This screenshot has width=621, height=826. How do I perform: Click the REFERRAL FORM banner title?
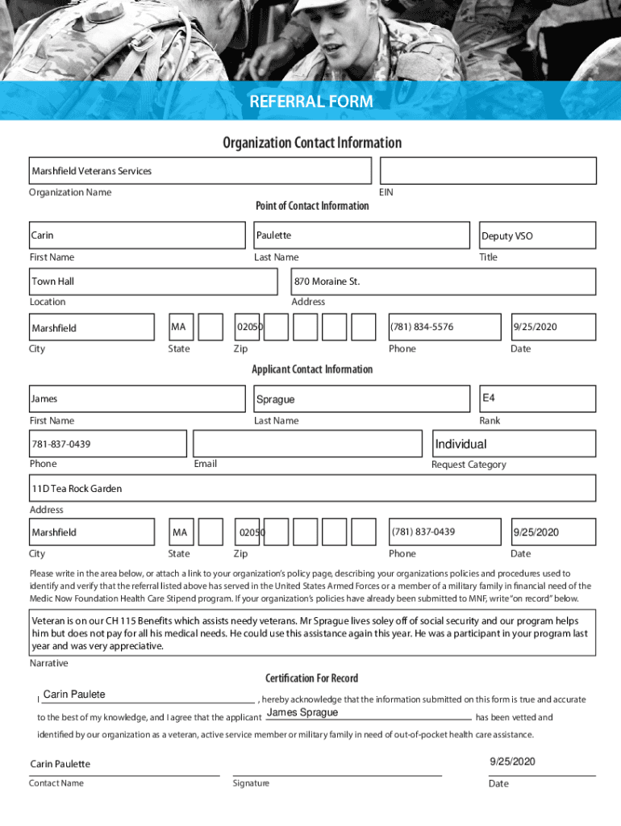click(310, 102)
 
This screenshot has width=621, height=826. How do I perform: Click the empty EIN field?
click(488, 171)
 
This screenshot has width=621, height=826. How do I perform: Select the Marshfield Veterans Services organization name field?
click(200, 171)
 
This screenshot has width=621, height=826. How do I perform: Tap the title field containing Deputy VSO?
click(537, 236)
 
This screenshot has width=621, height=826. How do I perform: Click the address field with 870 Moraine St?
click(444, 282)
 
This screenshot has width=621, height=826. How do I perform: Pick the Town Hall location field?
click(153, 282)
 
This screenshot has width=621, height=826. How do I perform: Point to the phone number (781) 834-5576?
click(444, 327)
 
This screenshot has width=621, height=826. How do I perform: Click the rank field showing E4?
click(537, 398)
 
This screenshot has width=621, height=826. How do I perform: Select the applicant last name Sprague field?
click(361, 399)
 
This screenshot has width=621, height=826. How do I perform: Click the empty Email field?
click(307, 444)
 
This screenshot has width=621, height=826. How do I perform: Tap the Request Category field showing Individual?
click(514, 444)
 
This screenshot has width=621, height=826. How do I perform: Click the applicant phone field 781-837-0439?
click(108, 444)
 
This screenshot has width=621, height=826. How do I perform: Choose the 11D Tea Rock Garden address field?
click(313, 489)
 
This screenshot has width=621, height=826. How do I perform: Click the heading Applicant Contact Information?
click(312, 369)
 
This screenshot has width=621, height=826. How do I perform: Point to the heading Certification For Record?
click(311, 678)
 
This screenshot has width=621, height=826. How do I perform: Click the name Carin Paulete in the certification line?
click(74, 695)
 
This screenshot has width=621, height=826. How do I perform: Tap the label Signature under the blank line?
click(251, 783)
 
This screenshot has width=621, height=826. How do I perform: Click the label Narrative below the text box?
click(48, 663)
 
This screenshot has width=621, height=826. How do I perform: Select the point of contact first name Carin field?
click(137, 236)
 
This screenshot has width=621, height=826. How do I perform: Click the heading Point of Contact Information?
click(312, 206)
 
